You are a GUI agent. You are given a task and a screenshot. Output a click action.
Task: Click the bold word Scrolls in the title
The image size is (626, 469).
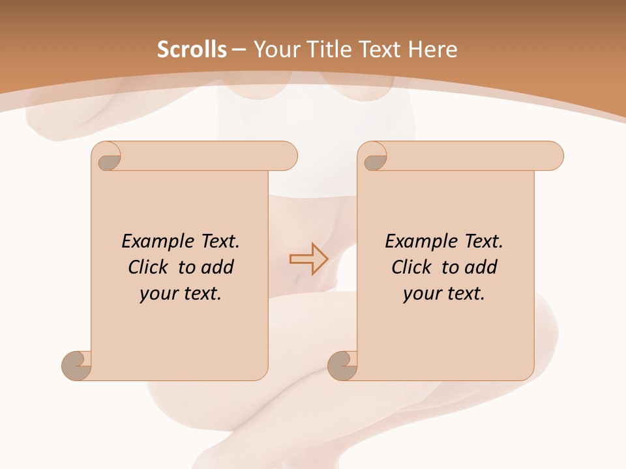click(192, 50)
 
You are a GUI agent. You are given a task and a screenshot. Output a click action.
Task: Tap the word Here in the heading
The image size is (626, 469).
click(432, 50)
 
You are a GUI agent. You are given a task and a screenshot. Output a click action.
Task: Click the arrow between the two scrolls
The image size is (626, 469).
click(308, 259)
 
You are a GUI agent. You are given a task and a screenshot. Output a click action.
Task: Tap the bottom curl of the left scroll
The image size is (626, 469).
click(77, 366)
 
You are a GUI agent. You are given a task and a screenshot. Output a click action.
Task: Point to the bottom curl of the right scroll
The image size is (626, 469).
click(342, 366)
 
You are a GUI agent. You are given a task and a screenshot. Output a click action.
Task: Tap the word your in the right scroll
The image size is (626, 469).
click(421, 294)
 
